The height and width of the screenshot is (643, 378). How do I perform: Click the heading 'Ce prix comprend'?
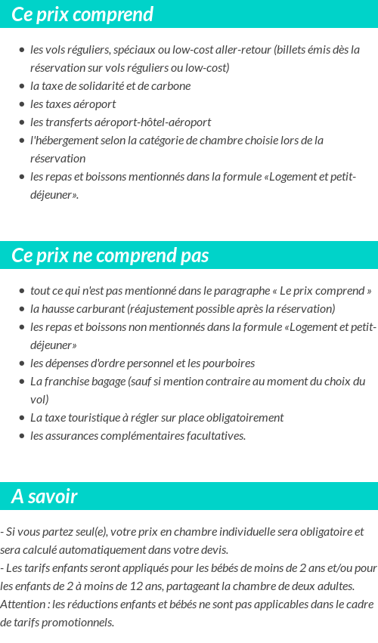[x=82, y=14]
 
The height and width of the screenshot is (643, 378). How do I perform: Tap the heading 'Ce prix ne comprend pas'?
[x=110, y=255]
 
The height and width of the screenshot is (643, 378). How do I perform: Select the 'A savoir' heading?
[x=45, y=496]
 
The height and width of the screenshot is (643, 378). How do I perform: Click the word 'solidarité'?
[x=97, y=85]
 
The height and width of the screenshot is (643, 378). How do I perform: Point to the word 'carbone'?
[x=172, y=85]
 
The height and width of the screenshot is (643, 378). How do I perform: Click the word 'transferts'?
[x=70, y=122]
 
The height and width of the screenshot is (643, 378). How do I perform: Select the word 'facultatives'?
[x=213, y=435]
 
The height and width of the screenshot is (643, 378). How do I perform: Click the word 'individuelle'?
[x=225, y=531]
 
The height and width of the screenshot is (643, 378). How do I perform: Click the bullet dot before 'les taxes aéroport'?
[x=22, y=104]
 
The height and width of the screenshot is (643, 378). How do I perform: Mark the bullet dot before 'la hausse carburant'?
[x=22, y=309]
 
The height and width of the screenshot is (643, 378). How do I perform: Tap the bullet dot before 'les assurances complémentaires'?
[x=22, y=436]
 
